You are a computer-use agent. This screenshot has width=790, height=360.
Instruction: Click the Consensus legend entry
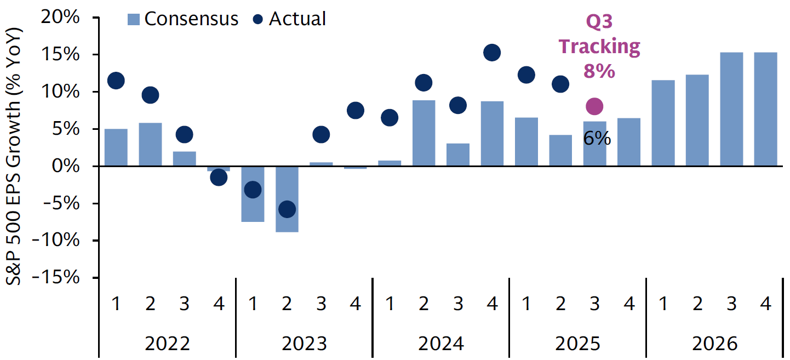coord(183,19)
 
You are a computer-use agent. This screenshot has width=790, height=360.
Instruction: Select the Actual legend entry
coord(290,19)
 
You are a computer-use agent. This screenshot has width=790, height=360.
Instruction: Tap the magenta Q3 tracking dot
coord(594,106)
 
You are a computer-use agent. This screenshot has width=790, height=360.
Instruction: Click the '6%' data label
coord(597,139)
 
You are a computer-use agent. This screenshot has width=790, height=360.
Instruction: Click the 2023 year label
coord(304,344)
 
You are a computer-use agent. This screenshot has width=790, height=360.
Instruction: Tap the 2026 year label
coord(715,344)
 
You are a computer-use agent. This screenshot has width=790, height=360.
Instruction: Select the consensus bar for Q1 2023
coord(253,194)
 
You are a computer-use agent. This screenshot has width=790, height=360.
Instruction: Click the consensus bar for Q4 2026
coord(766,109)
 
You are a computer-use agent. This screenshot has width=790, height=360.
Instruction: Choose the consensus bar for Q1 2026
coord(663,123)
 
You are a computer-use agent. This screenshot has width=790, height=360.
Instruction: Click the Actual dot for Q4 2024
coord(492,53)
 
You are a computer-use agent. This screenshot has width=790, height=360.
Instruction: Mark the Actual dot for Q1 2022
coord(116,81)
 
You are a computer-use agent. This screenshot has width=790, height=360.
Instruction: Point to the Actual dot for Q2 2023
coord(287,209)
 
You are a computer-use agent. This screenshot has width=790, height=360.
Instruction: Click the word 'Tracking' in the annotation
coord(599,47)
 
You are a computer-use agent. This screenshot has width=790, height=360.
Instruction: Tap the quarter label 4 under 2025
coord(629,304)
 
